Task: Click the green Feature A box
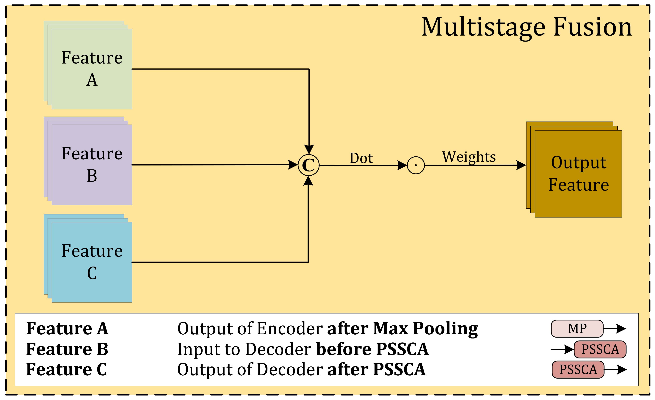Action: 92,69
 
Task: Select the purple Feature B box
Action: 92,165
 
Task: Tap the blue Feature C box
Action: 92,262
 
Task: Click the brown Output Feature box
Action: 578,174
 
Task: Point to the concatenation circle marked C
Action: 308,165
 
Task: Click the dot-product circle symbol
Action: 416,165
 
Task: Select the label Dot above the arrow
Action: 361,158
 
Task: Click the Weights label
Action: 469,157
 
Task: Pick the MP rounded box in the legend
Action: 577,329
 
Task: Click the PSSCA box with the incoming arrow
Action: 600,349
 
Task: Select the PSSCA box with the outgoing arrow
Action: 578,369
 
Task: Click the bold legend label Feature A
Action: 67,329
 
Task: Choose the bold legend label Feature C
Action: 66,369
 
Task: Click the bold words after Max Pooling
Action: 402,329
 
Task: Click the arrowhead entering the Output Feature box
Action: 521,165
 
